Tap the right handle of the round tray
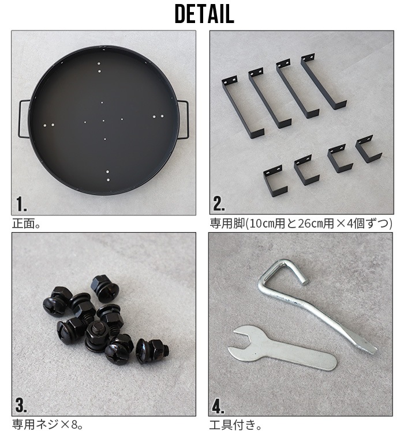[184, 120]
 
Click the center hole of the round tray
[104, 120]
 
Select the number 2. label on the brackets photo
[219, 205]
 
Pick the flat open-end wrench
[283, 349]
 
